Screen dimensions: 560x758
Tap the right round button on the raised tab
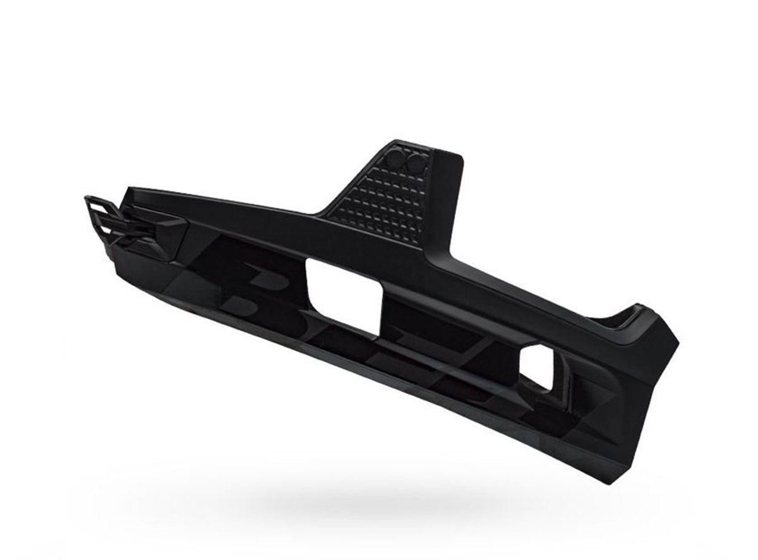[x=416, y=163]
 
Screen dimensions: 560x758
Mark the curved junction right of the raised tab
[x=455, y=265]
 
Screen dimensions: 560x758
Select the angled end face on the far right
[x=657, y=379]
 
